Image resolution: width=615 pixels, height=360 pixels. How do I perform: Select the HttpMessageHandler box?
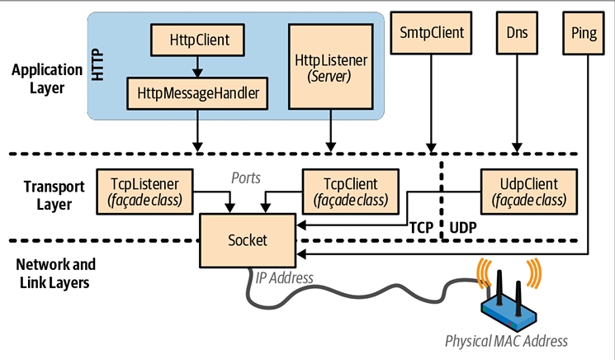[198, 93]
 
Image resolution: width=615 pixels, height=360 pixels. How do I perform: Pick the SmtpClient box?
[430, 34]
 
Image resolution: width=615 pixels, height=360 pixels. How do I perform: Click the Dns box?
[518, 34]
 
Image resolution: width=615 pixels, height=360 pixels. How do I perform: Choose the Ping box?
[584, 34]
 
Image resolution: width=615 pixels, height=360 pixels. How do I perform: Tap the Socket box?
[247, 239]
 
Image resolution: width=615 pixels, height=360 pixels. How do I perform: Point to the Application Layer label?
[38, 78]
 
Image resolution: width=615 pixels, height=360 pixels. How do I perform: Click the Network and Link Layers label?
[56, 273]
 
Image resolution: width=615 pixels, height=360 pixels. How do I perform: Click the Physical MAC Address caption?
[507, 340]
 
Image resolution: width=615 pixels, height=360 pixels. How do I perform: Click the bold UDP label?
[464, 225]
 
